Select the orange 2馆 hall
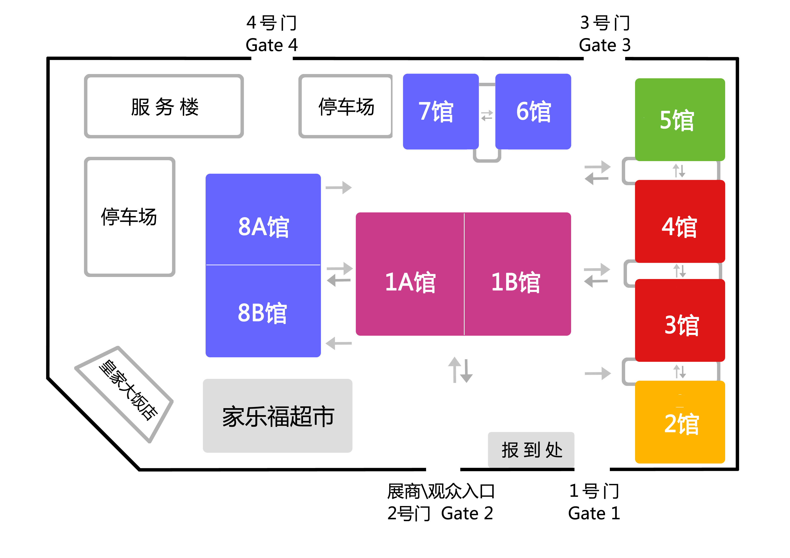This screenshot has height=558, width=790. (x=680, y=422)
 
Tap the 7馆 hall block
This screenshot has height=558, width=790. (x=440, y=111)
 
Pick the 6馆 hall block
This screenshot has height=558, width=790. (x=533, y=111)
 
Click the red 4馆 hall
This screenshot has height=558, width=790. (x=680, y=221)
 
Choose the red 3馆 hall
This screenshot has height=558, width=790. (x=680, y=320)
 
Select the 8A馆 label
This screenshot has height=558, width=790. (x=263, y=227)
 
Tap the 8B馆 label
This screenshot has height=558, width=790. (x=262, y=313)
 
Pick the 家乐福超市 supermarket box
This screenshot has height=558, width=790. (x=277, y=416)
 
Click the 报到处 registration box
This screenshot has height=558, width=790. (x=531, y=450)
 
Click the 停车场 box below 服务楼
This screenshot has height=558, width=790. (x=130, y=217)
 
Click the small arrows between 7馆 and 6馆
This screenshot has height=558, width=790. (x=487, y=115)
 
